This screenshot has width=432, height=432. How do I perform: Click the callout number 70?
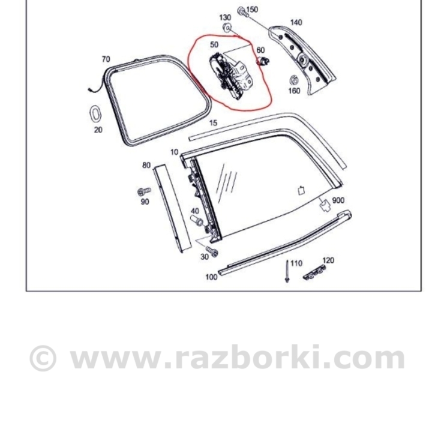pyautogui.click(x=106, y=59)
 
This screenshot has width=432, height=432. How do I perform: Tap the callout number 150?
pyautogui.click(x=252, y=10)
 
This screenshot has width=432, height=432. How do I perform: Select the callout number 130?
pyautogui.click(x=225, y=17)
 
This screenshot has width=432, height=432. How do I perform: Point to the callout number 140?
pyautogui.click(x=296, y=23)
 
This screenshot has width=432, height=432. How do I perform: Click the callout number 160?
pyautogui.click(x=294, y=91)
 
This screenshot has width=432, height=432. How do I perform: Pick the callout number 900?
pyautogui.click(x=338, y=200)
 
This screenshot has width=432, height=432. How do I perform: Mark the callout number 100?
pyautogui.click(x=211, y=277)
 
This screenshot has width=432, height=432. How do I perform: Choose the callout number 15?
pyautogui.click(x=213, y=123)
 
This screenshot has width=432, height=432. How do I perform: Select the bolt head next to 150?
pyautogui.click(x=241, y=10)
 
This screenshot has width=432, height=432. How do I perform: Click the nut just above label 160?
pyautogui.click(x=294, y=80)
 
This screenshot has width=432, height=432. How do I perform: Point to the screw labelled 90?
pyautogui.click(x=143, y=191)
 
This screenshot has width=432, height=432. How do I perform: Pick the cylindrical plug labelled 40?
pyautogui.click(x=196, y=221)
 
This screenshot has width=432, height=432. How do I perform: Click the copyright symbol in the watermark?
pyautogui.click(x=43, y=358)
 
